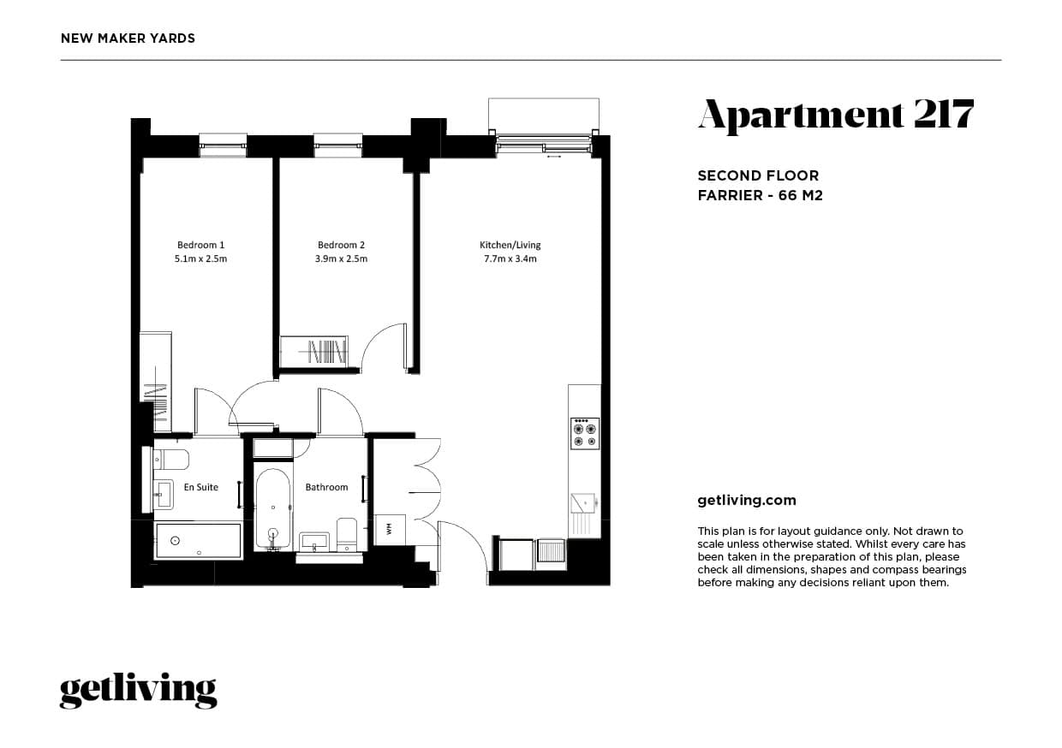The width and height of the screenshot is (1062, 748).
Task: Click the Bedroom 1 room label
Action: click(200, 245)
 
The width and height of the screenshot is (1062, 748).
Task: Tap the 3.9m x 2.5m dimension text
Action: click(342, 258)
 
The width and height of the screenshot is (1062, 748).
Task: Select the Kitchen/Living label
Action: click(510, 245)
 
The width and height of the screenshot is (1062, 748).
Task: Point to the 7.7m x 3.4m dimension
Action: click(510, 258)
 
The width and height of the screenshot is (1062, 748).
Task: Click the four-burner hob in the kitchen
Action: click(585, 433)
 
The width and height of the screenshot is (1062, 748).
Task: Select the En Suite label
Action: click(201, 487)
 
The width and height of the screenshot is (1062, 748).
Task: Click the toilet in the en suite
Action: click(172, 460)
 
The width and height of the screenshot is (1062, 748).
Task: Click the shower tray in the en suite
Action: click(198, 541)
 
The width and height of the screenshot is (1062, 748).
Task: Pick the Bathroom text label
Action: click(327, 487)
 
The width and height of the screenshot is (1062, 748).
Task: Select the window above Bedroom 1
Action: click(223, 144)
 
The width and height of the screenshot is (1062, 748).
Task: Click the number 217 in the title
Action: click(942, 115)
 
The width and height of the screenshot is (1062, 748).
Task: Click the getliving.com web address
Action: click(747, 500)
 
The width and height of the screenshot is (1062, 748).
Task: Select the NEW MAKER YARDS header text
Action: click(128, 38)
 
